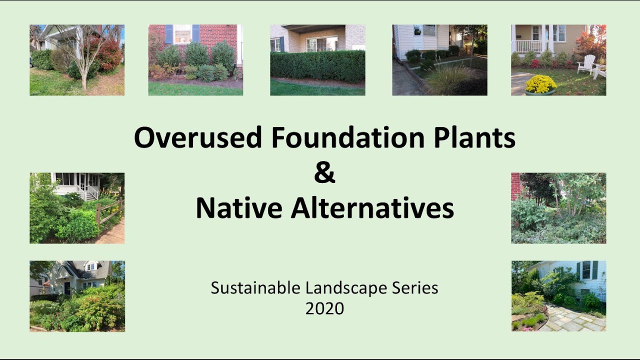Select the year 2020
pos(324,308)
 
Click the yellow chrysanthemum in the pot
pos(540,83)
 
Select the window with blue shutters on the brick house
pos(182,34)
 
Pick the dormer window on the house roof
pos(90,266)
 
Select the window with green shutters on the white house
pos(586,270)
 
